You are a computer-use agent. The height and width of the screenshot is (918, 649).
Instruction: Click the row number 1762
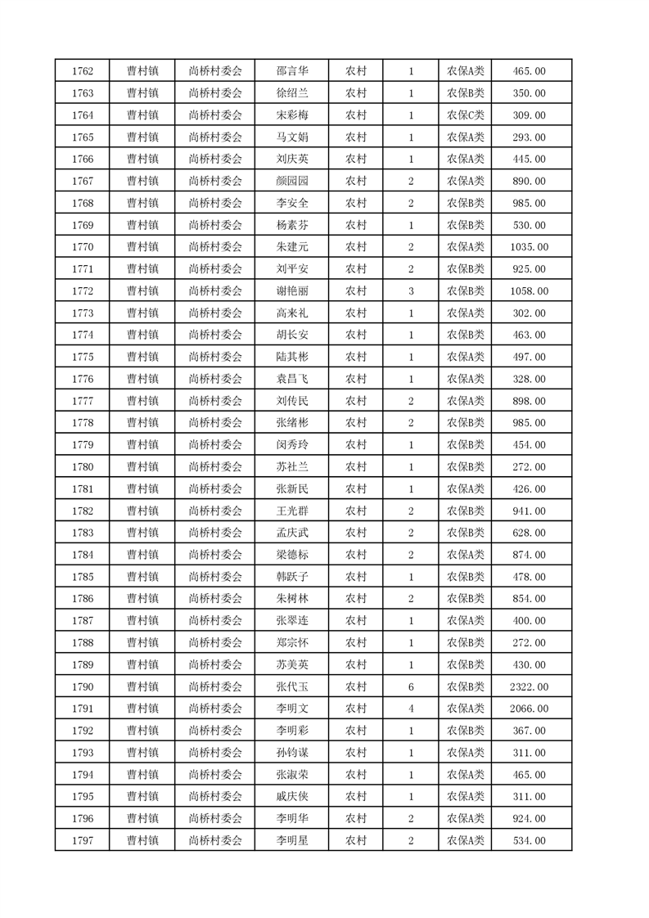pos(82,71)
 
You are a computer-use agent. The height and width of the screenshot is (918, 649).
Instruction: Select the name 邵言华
pos(291,71)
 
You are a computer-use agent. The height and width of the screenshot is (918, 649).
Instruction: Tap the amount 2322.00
pos(529,686)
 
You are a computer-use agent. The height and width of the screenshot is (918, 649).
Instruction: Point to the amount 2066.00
pos(529,709)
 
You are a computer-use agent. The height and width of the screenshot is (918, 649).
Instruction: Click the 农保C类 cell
pos(465,115)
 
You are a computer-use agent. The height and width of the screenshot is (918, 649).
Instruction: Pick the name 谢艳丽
pos(291,291)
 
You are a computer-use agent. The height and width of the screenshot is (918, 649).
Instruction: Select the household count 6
pos(411,686)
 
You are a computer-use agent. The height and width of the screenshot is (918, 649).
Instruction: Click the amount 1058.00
pos(529,291)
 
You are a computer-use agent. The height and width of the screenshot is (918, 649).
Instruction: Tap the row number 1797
pos(82,840)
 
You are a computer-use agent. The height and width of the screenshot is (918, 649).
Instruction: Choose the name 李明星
pos(291,840)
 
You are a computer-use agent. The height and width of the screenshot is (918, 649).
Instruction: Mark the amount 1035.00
pos(529,247)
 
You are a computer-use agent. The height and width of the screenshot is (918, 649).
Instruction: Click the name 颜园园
pos(291,181)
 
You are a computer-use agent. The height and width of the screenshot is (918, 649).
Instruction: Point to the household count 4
pos(411,709)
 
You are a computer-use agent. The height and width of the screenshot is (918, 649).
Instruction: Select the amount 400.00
pos(529,621)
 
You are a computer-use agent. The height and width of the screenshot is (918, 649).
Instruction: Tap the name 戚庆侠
pos(291,796)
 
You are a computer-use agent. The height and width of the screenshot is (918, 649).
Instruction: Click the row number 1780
pos(82,467)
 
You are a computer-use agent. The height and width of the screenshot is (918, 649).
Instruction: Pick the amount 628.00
pos(529,533)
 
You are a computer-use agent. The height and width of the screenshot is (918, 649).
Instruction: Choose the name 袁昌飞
pos(291,379)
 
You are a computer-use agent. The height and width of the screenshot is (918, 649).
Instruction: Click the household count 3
pos(411,291)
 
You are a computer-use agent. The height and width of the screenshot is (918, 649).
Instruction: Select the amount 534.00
pos(529,840)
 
